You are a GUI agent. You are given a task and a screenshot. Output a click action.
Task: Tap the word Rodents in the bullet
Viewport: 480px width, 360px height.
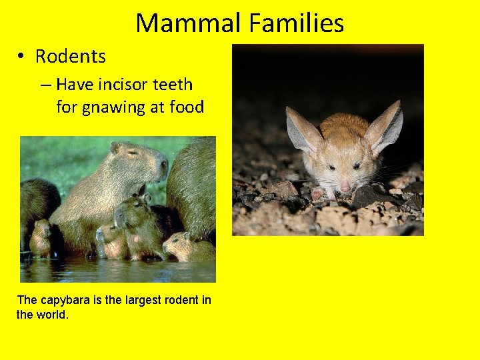70,57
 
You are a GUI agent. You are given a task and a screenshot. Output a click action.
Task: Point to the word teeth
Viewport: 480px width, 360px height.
173,85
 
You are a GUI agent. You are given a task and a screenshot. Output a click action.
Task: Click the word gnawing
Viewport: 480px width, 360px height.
115,107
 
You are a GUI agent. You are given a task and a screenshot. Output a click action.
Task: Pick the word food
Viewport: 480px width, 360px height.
187,107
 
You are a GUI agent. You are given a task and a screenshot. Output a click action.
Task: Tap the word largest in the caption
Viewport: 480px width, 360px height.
136,300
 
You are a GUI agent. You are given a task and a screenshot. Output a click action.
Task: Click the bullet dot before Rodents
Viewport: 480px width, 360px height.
23,57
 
